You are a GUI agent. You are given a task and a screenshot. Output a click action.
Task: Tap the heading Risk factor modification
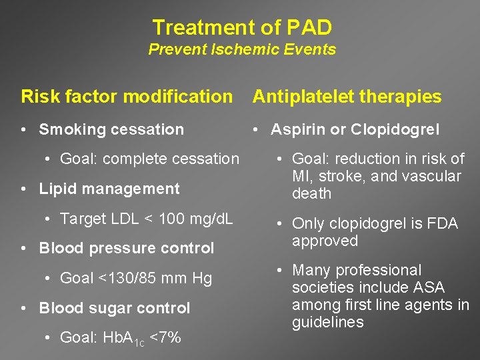tap(127, 97)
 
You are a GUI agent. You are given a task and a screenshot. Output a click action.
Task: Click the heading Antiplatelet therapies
tap(347, 97)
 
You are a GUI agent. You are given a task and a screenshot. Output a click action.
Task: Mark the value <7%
tap(165, 337)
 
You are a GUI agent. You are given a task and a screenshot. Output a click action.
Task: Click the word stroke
tap(339, 176)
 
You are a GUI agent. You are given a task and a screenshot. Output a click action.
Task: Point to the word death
tap(312, 193)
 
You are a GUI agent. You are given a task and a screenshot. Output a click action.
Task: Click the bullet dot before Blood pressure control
tap(23, 249)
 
